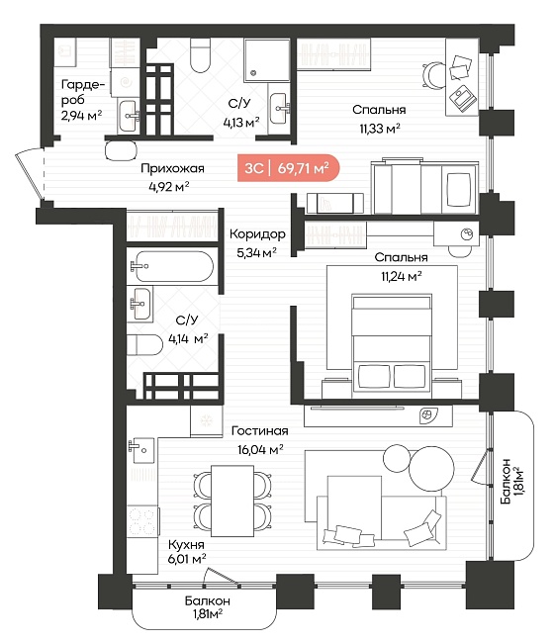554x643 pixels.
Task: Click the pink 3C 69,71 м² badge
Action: point(289,168)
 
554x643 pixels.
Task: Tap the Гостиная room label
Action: point(260,431)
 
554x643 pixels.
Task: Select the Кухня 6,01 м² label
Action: point(187,552)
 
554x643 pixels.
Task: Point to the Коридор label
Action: point(257,234)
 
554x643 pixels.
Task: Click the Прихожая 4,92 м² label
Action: point(172,177)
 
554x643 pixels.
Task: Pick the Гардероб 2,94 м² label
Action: point(83,100)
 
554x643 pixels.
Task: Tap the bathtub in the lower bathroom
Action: point(173,266)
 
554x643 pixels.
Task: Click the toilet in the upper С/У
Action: point(201,55)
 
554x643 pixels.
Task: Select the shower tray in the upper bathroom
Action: point(267,60)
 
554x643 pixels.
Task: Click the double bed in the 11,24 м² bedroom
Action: point(392,346)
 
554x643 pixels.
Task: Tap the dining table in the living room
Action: point(232,501)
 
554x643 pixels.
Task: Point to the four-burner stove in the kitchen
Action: point(142,521)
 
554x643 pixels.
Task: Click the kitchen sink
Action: point(141,450)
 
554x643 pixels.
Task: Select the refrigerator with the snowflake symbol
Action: point(206,420)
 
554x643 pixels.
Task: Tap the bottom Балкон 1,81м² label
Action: point(208,607)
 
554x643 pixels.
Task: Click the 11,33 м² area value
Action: point(380,129)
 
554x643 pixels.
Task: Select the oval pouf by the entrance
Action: point(121,151)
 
